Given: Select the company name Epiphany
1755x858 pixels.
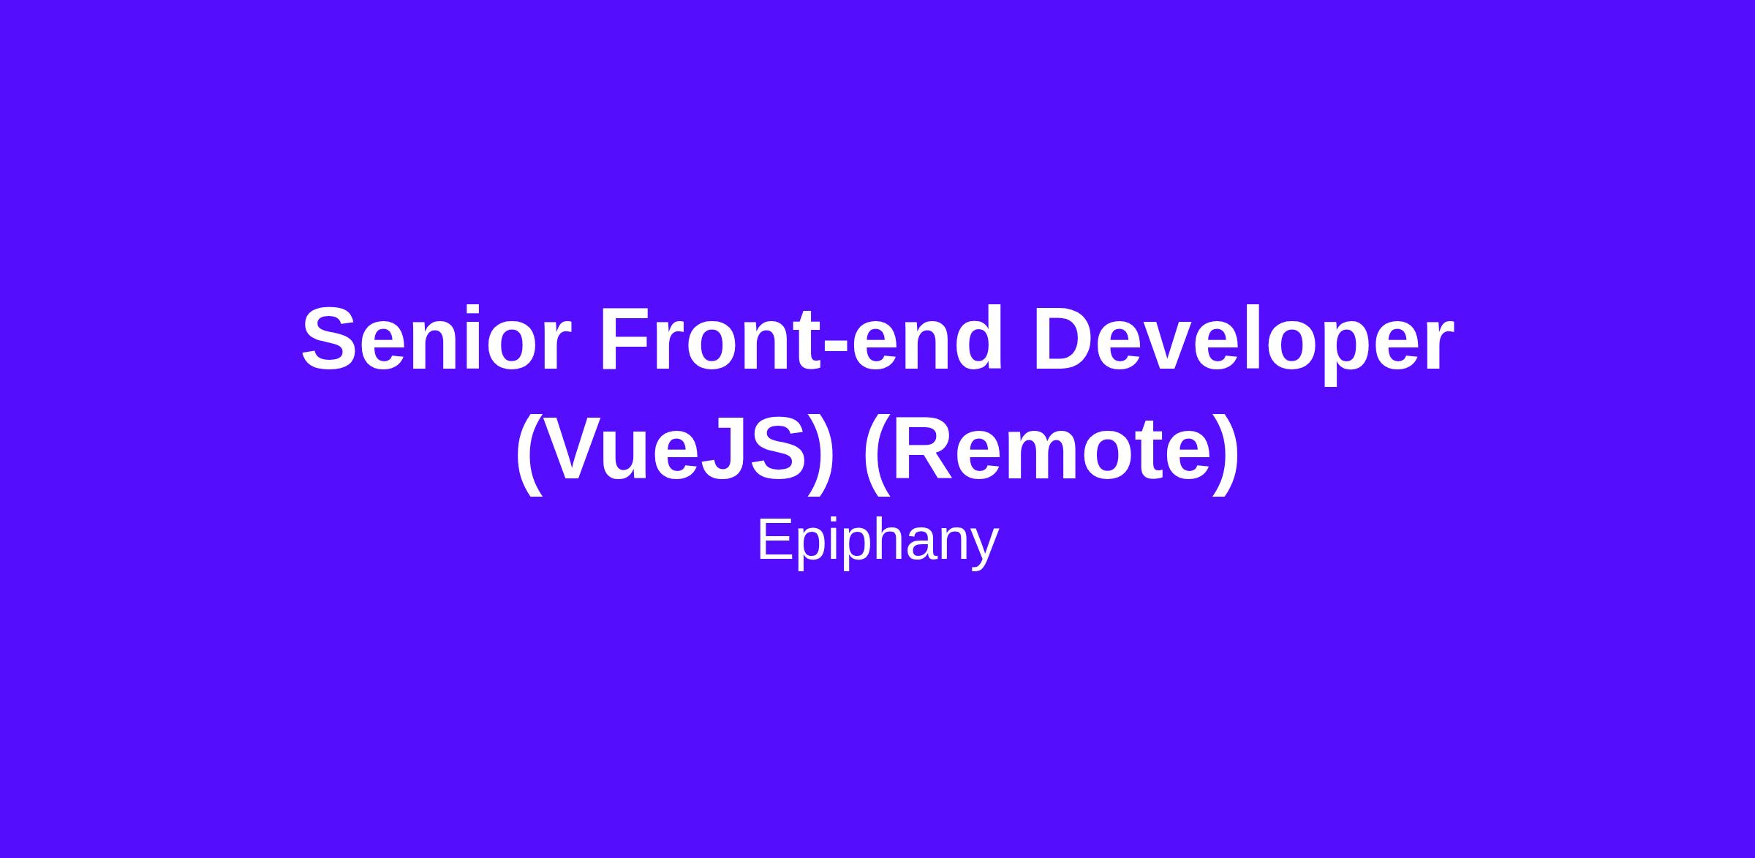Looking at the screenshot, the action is point(877,542).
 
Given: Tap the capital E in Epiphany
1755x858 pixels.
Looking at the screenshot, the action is point(775,539).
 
